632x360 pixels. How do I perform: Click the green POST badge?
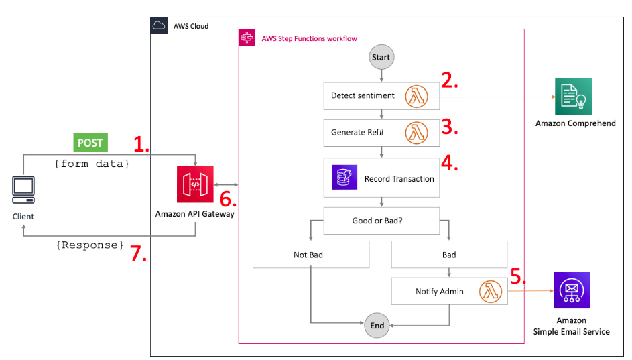90,143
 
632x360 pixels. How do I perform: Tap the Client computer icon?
23,190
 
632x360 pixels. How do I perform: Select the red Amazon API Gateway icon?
194,184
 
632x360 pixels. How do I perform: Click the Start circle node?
381,58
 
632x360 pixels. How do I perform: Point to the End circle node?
377,326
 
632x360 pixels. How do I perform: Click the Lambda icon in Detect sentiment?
416,96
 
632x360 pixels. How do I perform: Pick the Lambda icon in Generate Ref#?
416,132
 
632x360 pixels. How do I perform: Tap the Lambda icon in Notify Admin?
491,292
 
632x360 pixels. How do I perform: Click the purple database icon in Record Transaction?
344,178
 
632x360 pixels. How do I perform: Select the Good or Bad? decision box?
381,220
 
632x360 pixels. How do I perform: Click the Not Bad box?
312,255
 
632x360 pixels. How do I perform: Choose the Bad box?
449,255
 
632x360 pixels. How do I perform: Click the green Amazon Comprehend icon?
574,97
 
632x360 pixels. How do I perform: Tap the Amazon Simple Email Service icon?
572,290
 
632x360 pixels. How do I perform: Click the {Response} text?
90,245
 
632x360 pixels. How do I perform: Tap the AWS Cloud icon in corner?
159,26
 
